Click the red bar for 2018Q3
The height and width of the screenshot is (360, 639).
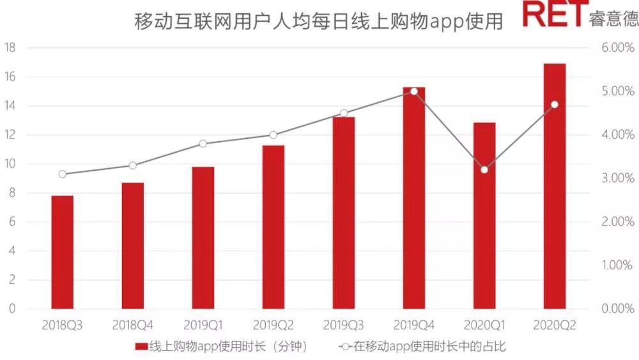point(62,252)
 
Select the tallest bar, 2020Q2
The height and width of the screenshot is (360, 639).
point(554,186)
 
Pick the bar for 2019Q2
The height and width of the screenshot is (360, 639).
point(273,227)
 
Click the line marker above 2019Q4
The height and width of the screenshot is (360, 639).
point(413,91)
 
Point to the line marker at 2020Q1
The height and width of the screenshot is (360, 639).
point(484,169)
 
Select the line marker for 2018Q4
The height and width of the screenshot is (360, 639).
point(132,166)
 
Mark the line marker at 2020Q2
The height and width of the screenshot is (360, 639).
point(554,104)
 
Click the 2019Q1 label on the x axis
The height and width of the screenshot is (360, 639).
point(203,325)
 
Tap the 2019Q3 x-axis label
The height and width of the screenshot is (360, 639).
point(344,325)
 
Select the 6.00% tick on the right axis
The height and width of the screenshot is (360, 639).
point(616,48)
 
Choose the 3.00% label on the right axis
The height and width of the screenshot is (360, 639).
point(616,178)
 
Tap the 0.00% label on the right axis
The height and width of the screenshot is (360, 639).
point(616,309)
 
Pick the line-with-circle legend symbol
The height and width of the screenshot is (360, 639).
point(347,347)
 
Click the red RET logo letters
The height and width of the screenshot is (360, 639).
point(553,15)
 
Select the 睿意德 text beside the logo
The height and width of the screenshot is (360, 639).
point(613,20)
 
